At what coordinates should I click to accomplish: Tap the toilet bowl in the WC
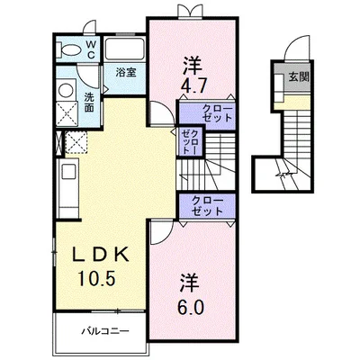67,50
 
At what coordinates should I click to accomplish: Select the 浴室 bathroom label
124,73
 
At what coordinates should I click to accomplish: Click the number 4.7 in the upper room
193,88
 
